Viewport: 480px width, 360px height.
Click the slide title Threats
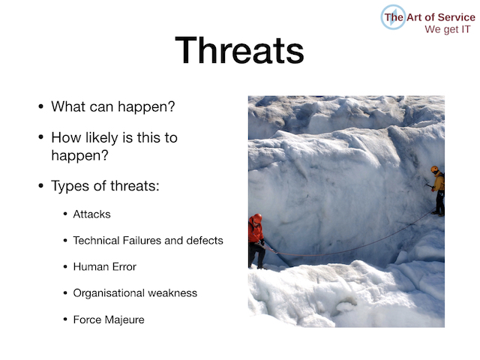239,50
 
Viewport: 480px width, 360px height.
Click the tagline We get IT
447,29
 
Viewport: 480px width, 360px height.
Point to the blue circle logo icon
393,17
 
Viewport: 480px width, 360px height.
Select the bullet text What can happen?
113,106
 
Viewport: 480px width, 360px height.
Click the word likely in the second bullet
102,137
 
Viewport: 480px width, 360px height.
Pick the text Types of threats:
105,185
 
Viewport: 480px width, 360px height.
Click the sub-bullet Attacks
91,214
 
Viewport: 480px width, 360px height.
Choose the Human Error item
105,267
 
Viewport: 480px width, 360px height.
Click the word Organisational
109,293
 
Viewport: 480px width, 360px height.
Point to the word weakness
172,293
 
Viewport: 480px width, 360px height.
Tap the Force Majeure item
109,319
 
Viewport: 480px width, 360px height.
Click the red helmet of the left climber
257,218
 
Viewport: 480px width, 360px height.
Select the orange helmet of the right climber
434,169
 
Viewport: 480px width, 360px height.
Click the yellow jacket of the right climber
439,182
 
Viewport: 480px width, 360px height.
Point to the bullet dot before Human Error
65,267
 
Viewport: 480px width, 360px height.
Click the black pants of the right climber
440,202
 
